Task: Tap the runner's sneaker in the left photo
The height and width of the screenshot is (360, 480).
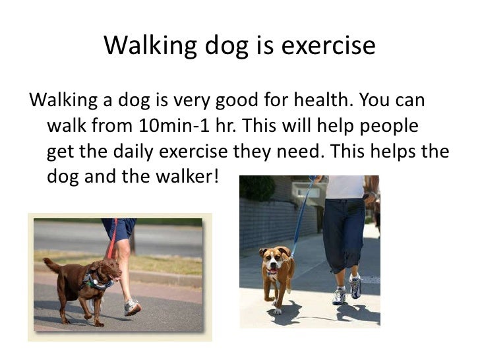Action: click(132, 308)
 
